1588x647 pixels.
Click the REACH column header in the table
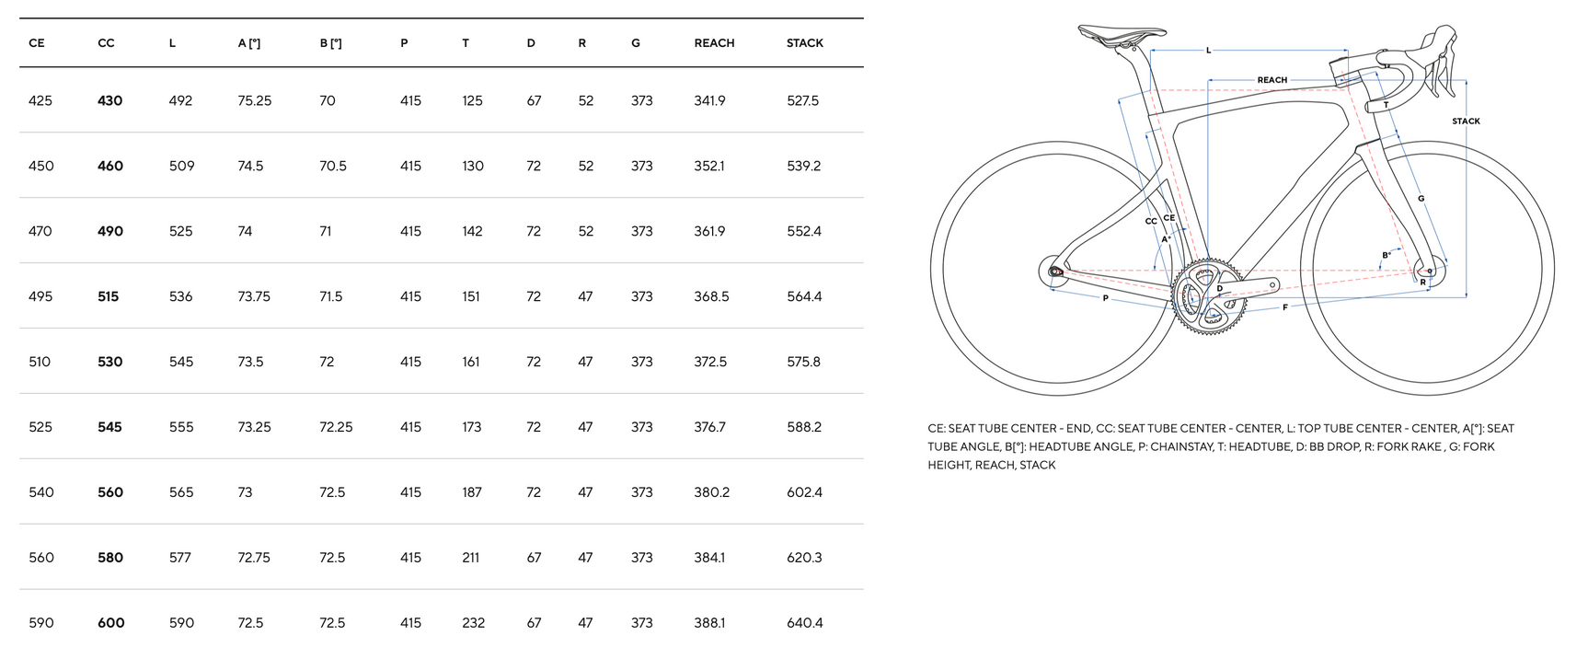click(x=714, y=43)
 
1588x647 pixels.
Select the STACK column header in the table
click(x=804, y=43)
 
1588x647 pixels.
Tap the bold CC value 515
click(x=109, y=296)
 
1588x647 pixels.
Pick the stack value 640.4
click(x=804, y=623)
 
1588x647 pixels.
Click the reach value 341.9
click(x=709, y=100)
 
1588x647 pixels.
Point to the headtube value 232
click(x=473, y=623)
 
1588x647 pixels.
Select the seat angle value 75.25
click(x=254, y=100)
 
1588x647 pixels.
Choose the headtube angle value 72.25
click(x=336, y=427)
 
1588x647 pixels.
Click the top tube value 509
click(x=181, y=166)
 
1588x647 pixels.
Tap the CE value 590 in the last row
click(x=41, y=623)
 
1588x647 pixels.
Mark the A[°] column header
click(x=248, y=43)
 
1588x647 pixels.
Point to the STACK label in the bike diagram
click(x=1466, y=121)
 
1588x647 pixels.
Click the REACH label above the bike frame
click(x=1272, y=80)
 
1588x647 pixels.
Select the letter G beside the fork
click(x=1421, y=199)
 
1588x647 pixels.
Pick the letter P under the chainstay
click(x=1105, y=299)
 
